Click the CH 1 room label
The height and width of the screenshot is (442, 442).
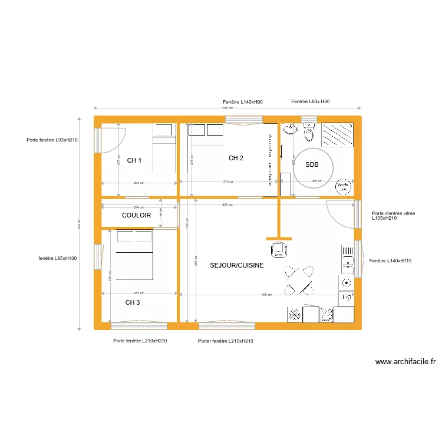(134, 160)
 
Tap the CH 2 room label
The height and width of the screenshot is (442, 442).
(236, 158)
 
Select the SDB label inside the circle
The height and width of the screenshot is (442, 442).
(311, 165)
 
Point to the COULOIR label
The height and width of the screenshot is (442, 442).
(137, 216)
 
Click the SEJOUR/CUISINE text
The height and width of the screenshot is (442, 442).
(236, 266)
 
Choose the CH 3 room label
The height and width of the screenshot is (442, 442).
(133, 302)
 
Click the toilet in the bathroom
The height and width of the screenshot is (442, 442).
(309, 134)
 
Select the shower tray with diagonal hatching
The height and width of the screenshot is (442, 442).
(337, 134)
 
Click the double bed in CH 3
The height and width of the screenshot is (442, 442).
(134, 255)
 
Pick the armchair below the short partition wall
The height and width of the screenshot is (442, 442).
(278, 249)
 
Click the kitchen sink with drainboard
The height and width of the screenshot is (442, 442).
(347, 259)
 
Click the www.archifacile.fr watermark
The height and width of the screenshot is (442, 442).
(405, 362)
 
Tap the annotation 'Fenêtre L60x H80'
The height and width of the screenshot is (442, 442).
(311, 102)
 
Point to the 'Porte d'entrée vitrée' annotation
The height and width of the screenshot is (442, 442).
(393, 215)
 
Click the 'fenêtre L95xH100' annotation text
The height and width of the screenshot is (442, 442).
(57, 258)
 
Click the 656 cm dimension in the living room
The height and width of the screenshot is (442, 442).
(266, 295)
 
